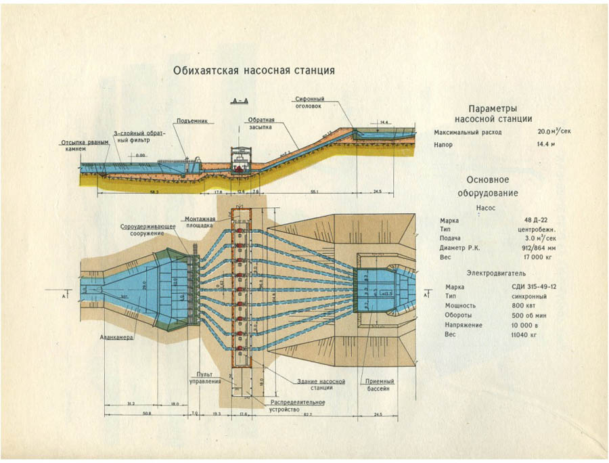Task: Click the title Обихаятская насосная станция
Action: click(x=254, y=70)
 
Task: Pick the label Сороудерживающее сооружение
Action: click(x=143, y=229)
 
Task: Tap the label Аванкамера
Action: click(x=114, y=336)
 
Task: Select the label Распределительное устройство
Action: click(x=298, y=405)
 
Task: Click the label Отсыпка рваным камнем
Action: click(x=83, y=146)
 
